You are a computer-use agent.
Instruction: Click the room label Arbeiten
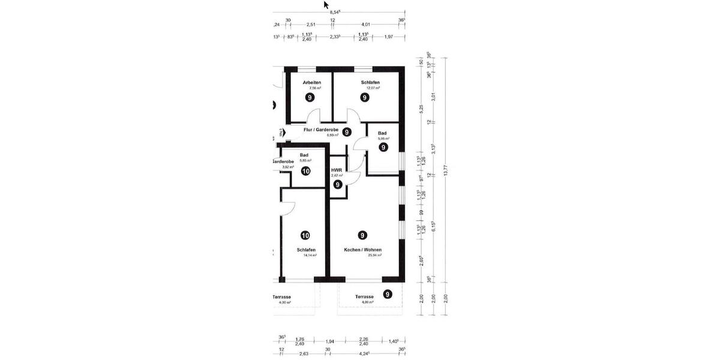click(x=312, y=82)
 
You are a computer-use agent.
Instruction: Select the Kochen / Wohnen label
click(x=362, y=250)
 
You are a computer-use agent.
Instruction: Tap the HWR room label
click(x=337, y=170)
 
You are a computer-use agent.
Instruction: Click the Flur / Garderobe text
click(x=321, y=130)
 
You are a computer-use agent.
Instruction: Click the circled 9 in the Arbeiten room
click(x=310, y=97)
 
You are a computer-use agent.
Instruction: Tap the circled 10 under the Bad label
click(x=305, y=171)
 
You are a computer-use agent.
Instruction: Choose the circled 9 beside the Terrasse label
click(x=388, y=294)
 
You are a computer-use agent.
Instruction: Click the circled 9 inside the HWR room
click(x=338, y=185)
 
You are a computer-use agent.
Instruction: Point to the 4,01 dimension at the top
click(x=367, y=24)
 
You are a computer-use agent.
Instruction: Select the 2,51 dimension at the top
click(x=311, y=24)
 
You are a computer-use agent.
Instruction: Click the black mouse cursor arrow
click(x=326, y=5)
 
